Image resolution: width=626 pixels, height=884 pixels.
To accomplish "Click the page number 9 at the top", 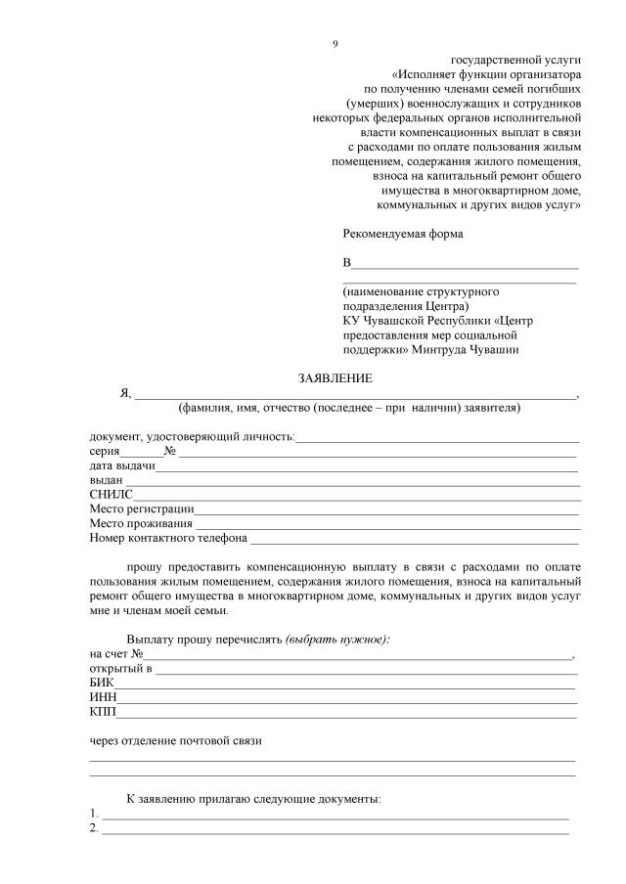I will pyautogui.click(x=335, y=43).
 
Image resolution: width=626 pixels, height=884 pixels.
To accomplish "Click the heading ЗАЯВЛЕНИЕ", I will pyautogui.click(x=335, y=378).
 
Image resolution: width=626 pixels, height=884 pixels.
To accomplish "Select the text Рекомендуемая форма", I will pyautogui.click(x=402, y=234).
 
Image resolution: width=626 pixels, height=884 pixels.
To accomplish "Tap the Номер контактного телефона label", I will pyautogui.click(x=168, y=538).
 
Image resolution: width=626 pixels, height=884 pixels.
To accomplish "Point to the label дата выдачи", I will pyautogui.click(x=122, y=465).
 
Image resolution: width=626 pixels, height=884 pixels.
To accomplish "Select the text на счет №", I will pyautogui.click(x=116, y=653).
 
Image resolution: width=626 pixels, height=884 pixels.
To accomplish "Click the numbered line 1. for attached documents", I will pyautogui.click(x=333, y=814).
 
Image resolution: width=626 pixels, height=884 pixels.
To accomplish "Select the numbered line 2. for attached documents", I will pyautogui.click(x=333, y=828).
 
